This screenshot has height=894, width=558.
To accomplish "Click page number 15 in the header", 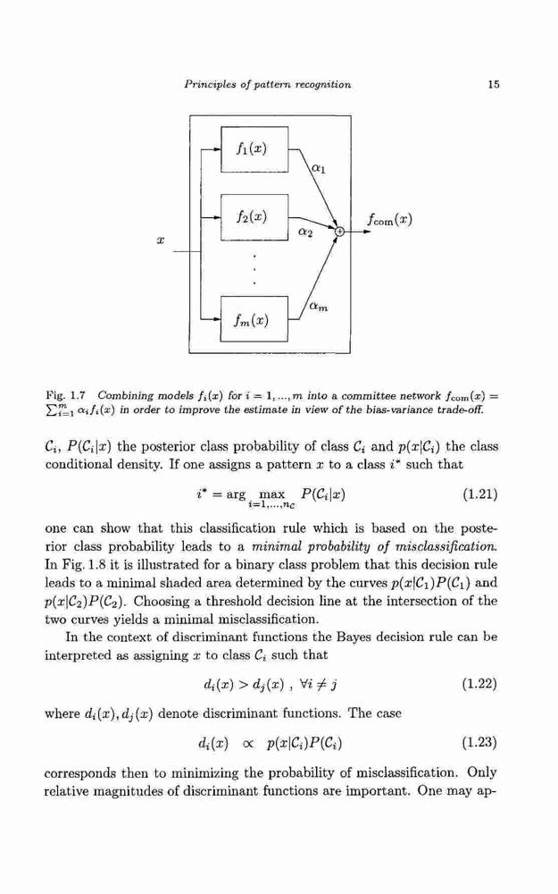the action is pos(494,84).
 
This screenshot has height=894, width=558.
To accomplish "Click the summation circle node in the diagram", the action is pos(339,231).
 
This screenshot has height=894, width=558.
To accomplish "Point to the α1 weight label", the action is pos(319,168).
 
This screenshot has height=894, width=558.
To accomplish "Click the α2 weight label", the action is pos(305,232).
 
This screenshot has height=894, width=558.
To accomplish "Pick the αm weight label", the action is pos(319,307).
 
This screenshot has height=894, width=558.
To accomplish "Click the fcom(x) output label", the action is pos(389,219).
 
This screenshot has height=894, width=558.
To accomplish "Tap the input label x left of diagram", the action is pos(161,241).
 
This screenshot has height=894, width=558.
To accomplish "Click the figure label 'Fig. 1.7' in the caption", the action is pos(65,395).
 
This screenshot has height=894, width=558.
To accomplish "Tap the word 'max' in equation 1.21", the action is pos(271,494).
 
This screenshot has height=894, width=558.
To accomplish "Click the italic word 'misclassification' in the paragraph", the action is pos(451,546).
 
